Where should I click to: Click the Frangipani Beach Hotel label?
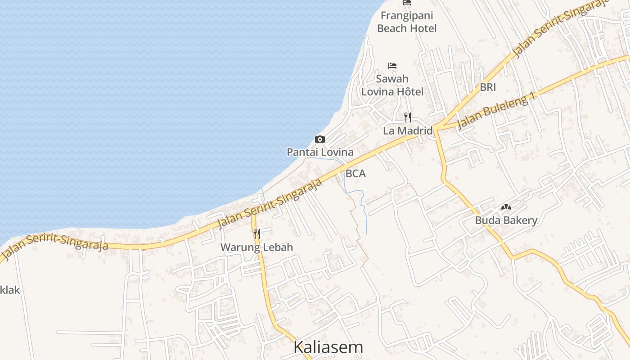tap(407, 22)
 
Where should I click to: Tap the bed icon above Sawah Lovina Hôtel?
tap(392, 66)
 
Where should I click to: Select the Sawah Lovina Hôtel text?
tap(392, 85)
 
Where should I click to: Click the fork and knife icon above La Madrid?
tap(408, 117)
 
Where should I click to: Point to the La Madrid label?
tap(408, 131)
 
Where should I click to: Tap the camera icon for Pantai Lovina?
tap(320, 139)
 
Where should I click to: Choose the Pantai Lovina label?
tap(320, 152)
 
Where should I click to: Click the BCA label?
tap(355, 173)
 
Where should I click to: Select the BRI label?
tap(488, 87)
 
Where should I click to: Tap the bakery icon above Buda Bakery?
tap(506, 207)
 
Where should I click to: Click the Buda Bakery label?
tap(506, 220)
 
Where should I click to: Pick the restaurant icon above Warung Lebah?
tap(256, 234)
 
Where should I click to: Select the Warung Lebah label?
tap(256, 247)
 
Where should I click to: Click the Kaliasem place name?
tap(328, 347)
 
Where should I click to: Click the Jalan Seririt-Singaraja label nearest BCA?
tap(270, 204)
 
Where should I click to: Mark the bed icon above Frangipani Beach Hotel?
tap(407, 3)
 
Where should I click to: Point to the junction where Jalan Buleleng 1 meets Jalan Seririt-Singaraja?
tap(436, 127)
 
